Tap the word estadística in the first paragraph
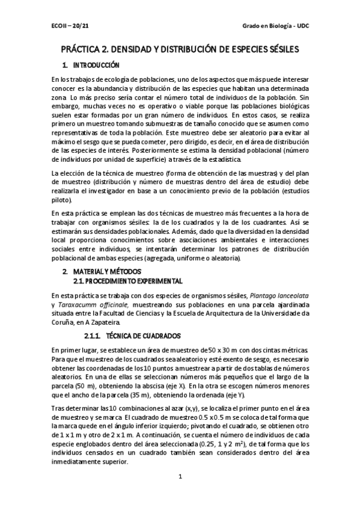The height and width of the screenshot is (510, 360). (x=222, y=159)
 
